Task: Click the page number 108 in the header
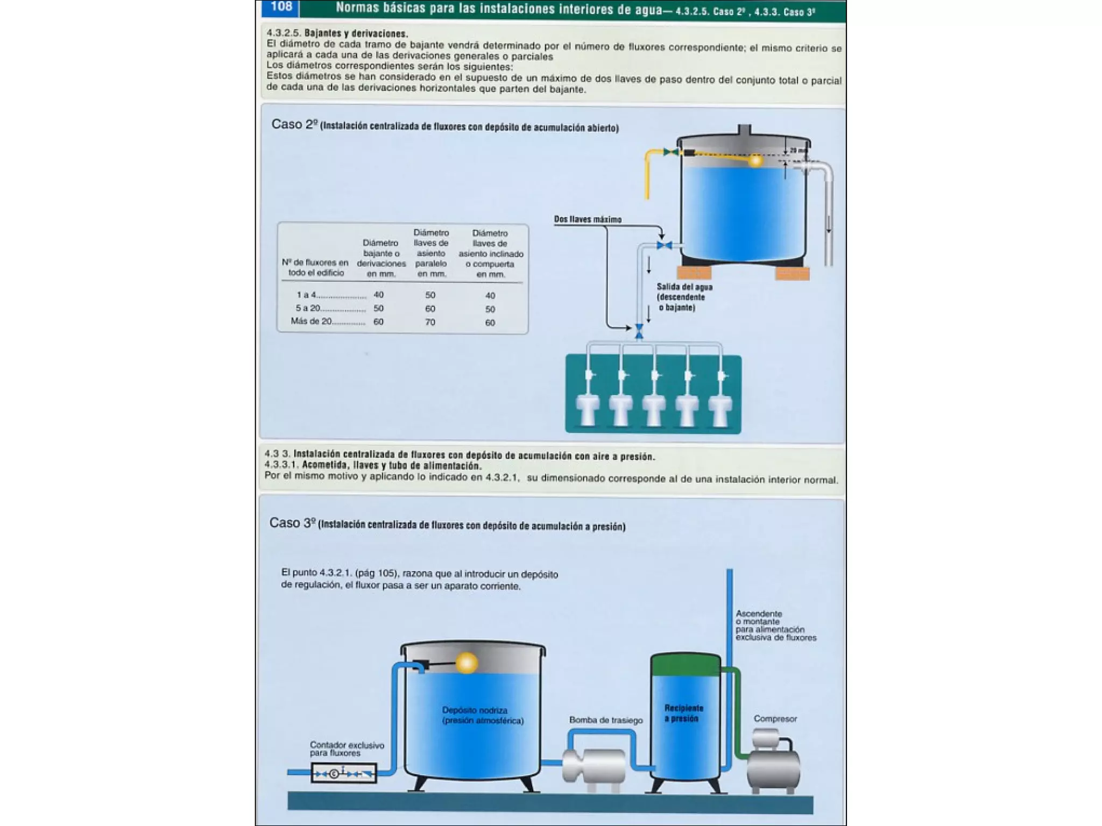[281, 6]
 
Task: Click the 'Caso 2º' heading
[294, 124]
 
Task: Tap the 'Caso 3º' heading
[293, 523]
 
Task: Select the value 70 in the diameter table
[430, 322]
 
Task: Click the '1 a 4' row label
[306, 295]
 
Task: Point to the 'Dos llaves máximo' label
[588, 219]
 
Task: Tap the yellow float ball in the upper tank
[755, 160]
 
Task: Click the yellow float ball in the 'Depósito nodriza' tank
[467, 663]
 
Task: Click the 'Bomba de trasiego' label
[606, 720]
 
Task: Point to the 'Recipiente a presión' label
[683, 713]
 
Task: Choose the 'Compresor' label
[775, 718]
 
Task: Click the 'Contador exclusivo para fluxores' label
[347, 749]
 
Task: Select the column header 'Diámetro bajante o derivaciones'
[381, 258]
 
